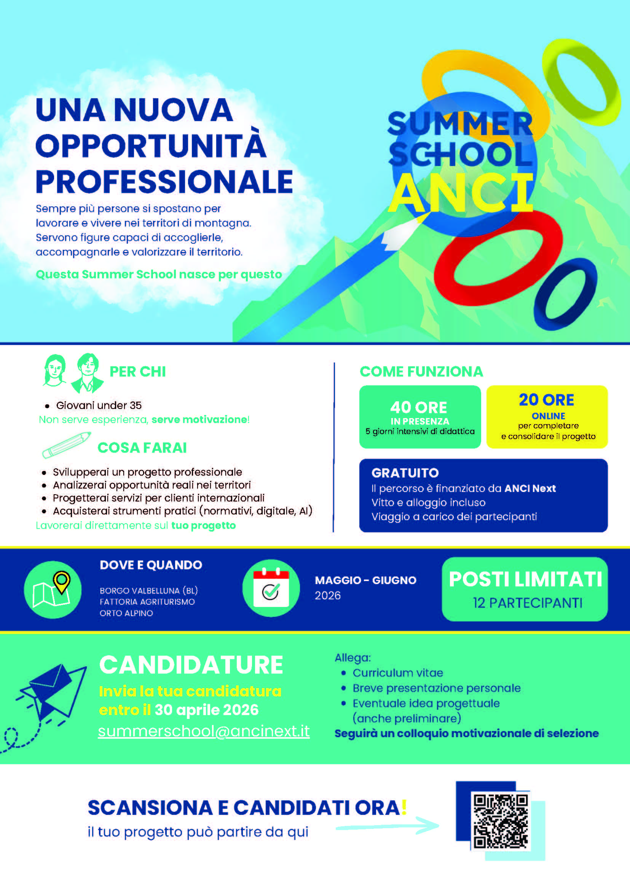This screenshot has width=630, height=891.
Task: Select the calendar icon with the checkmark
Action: [271, 588]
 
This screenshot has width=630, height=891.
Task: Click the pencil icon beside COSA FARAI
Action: [66, 445]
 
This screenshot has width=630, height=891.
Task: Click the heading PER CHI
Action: [138, 371]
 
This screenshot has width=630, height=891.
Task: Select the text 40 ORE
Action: [419, 407]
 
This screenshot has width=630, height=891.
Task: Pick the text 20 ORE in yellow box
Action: [546, 400]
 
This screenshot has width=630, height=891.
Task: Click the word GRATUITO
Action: [405, 473]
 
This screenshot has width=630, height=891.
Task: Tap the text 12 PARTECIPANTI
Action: [528, 603]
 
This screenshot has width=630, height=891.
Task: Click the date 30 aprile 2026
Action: [207, 710]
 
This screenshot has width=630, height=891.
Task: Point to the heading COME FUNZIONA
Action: [421, 371]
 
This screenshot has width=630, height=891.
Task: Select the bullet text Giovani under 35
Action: [99, 405]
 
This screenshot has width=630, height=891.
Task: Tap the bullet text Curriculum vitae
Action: [398, 673]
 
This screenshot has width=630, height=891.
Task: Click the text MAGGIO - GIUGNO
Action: [365, 580]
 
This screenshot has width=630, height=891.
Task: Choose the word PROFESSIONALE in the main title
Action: [164, 182]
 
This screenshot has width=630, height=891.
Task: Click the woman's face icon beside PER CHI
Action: [55, 370]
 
